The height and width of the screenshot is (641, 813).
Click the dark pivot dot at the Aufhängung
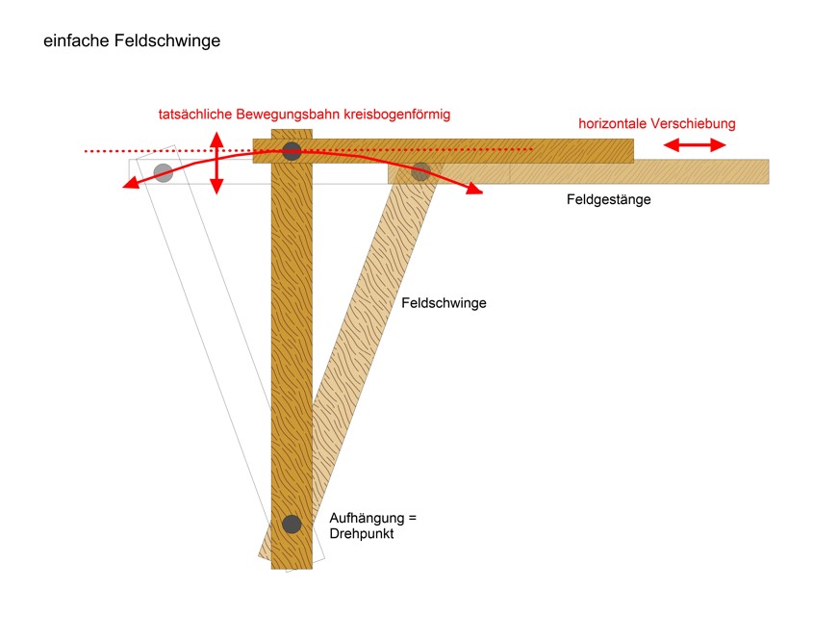pos(292,525)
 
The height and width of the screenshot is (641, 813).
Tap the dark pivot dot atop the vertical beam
pos(292,151)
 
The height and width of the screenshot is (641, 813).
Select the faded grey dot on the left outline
pos(164,172)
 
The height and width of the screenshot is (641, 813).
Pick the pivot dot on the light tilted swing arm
pos(420,171)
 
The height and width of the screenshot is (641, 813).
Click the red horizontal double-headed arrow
pos(695,145)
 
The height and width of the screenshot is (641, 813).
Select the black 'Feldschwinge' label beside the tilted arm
pos(444,303)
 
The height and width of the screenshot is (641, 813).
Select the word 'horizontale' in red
pos(613,123)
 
